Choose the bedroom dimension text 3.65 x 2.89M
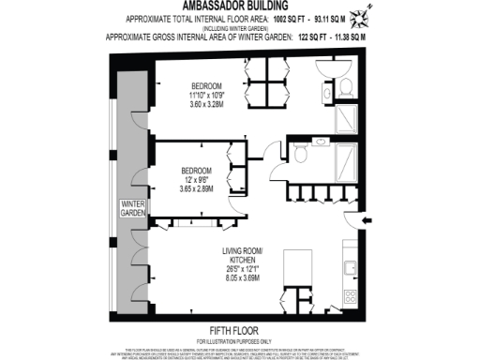point(197,188)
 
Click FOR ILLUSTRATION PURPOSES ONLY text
point(240,339)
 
